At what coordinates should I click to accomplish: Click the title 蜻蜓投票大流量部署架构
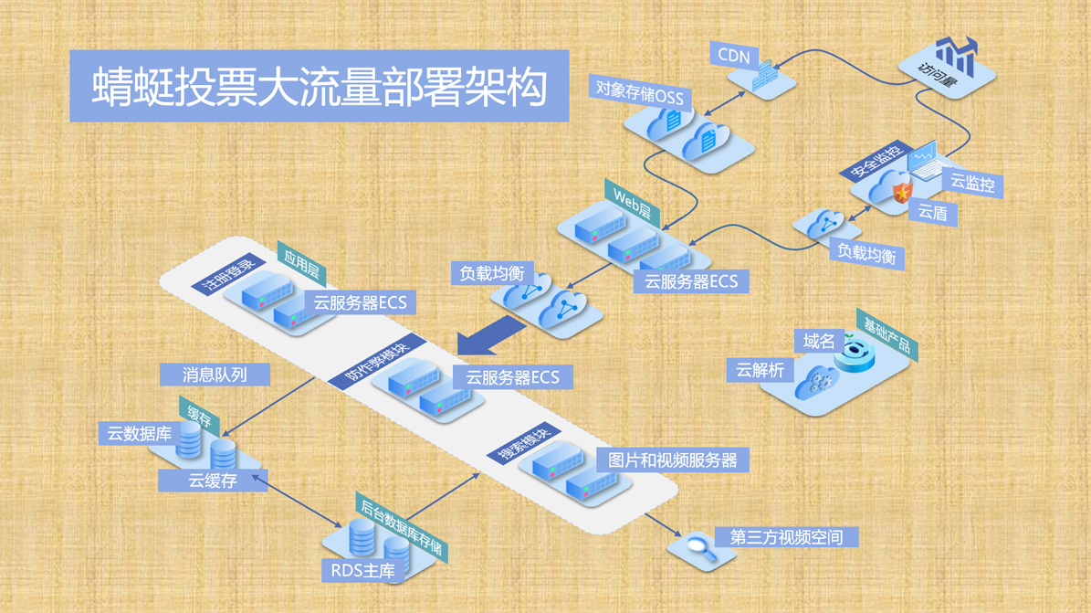click(319, 87)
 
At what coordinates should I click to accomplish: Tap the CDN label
click(734, 56)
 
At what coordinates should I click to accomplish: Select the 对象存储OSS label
click(639, 93)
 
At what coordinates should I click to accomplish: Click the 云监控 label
click(972, 183)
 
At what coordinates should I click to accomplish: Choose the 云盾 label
click(932, 213)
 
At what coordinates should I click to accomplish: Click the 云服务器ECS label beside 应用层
click(360, 302)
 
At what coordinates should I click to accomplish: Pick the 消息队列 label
click(215, 374)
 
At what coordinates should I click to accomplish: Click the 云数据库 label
click(140, 433)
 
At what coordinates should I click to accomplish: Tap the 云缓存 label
click(213, 480)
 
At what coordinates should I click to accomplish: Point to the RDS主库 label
click(363, 571)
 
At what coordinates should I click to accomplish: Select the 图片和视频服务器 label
click(673, 460)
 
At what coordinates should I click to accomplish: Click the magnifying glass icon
click(699, 547)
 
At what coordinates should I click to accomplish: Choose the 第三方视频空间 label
click(786, 536)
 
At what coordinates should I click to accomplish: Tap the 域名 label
click(819, 342)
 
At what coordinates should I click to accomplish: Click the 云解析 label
click(761, 370)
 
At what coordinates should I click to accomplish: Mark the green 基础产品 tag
click(886, 335)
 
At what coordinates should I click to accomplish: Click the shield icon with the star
click(901, 193)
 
